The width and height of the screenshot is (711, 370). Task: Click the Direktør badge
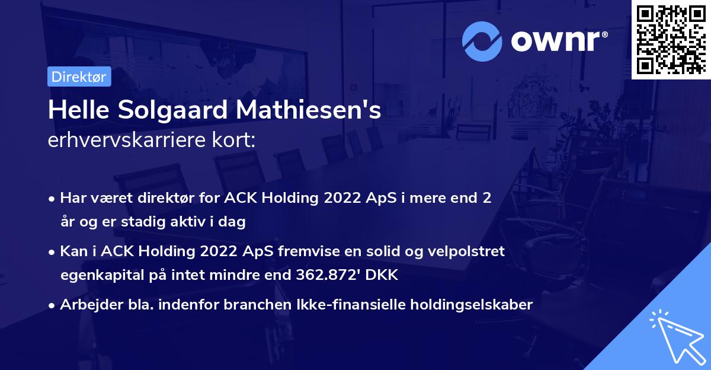coord(79,76)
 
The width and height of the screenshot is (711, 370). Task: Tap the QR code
coord(671,39)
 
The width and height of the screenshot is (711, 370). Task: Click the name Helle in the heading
coord(72,110)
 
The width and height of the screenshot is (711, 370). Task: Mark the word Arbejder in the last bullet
coord(87,305)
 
